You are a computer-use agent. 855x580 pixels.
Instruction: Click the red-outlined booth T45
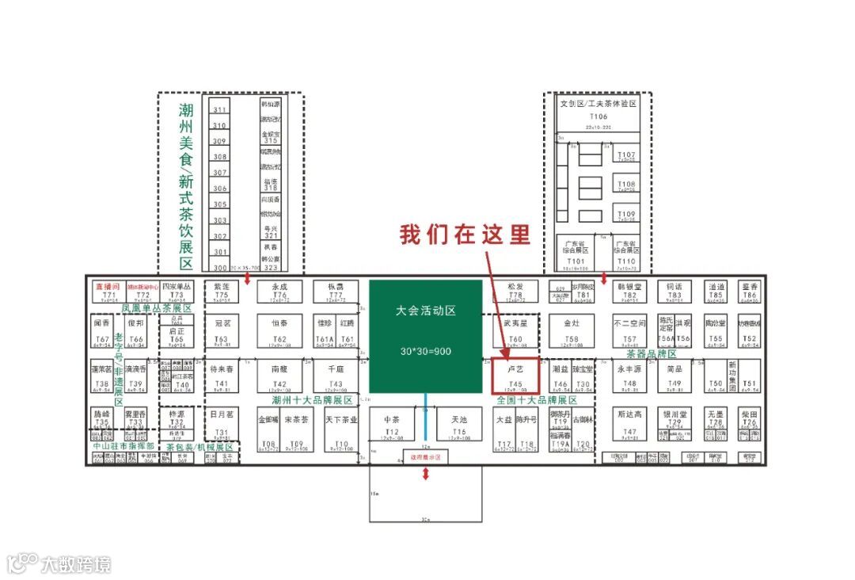[515, 376]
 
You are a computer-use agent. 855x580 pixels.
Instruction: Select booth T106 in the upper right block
[598, 115]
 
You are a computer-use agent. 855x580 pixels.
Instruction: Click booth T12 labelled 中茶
[392, 427]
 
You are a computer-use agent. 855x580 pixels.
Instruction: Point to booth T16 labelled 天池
[459, 427]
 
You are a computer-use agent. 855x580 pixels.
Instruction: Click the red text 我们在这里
[464, 235]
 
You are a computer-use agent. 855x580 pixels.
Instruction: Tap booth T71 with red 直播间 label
[108, 291]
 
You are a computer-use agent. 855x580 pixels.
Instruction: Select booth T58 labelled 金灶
[572, 330]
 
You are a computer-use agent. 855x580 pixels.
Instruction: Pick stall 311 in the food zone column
[219, 110]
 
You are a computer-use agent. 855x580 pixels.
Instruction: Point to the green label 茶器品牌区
[652, 354]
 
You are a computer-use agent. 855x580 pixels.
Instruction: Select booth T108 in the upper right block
[625, 188]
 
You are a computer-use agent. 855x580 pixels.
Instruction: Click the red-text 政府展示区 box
[425, 458]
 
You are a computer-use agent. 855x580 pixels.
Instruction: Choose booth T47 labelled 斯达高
[629, 422]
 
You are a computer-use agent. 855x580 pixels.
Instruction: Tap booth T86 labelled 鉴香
[749, 291]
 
